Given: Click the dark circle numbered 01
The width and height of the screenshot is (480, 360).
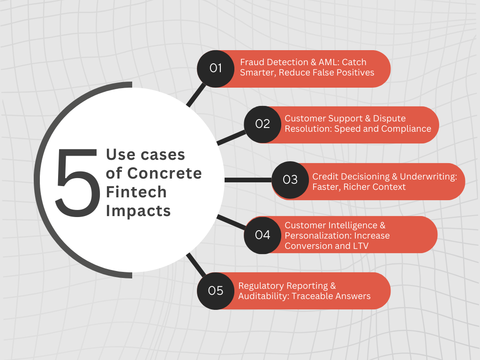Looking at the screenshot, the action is point(216,68).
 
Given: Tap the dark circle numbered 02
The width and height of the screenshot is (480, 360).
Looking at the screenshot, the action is point(262,124).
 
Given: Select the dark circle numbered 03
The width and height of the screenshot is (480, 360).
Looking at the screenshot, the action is point(290,180).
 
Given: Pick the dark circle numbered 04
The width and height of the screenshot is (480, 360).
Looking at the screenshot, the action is point(262,235).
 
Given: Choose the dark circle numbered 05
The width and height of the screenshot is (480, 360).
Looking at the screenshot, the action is point(216,291).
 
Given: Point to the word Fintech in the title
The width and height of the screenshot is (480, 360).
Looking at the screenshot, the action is point(136,192).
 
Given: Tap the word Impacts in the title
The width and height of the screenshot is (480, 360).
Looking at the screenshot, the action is point(138,210).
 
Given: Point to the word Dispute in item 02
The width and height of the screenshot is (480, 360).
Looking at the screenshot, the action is point(389,118).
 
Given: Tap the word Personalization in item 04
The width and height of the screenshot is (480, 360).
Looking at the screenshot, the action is point(315,235).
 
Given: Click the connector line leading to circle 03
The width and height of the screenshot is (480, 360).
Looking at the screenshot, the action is point(248,180).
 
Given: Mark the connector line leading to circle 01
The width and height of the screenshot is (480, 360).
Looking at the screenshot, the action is point(196,95).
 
